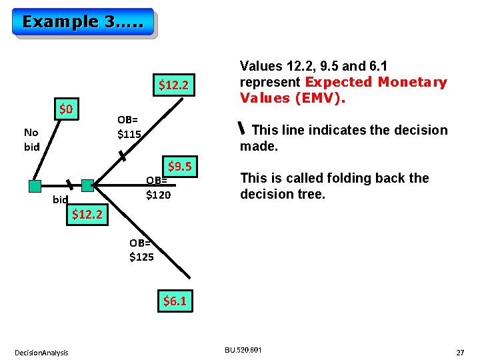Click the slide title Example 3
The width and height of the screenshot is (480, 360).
coord(83,21)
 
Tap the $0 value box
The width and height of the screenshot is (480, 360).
coord(67,109)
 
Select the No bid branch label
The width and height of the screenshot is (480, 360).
coord(32,139)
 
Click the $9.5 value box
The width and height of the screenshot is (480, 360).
coord(181,166)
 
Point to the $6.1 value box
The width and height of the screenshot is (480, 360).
coord(175,301)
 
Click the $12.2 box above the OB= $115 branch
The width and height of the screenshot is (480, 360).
coord(175,85)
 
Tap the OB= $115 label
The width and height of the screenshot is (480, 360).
coord(129,127)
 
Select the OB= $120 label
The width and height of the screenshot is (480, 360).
coord(159,187)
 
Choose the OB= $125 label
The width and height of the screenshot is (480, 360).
coord(141,250)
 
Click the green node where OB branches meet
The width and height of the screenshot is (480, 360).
coord(87,185)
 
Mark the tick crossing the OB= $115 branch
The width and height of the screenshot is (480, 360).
coord(121,157)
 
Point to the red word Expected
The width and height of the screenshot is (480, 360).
coord(339,82)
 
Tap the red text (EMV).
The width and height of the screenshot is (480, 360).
coord(317,98)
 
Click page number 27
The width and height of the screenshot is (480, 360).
coord(459,351)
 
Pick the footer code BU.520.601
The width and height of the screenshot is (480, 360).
coord(243,349)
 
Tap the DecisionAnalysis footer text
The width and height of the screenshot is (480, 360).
coord(42,352)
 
